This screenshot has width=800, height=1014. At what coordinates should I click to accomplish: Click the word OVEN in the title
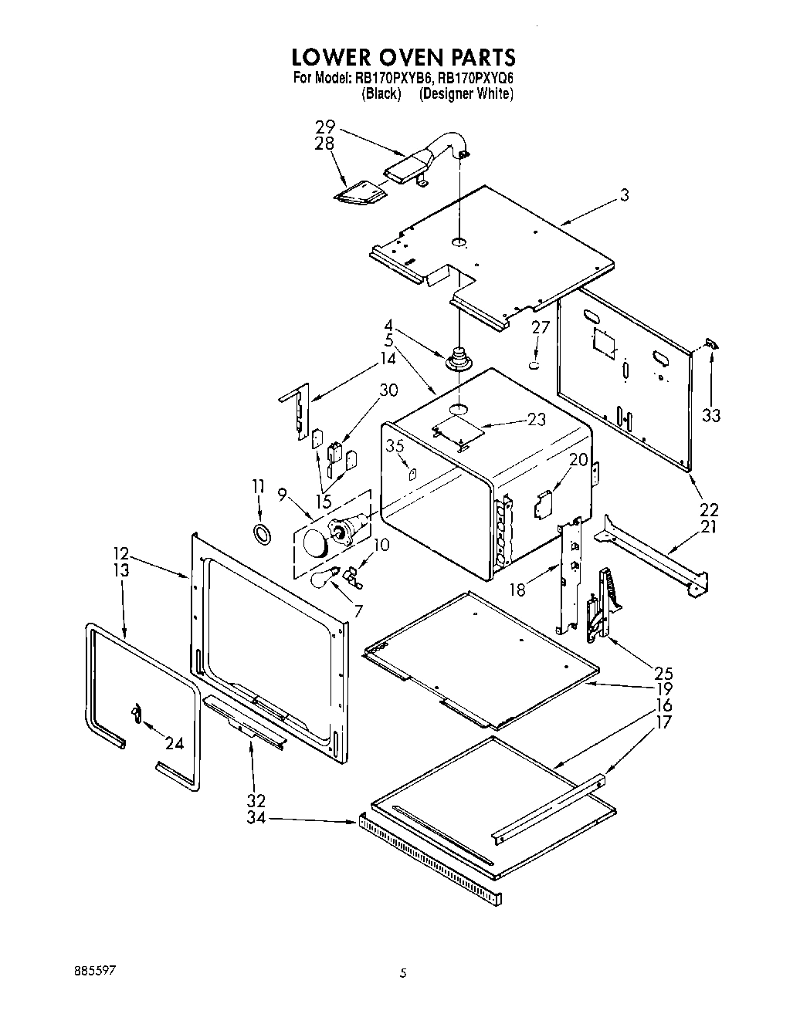(401, 58)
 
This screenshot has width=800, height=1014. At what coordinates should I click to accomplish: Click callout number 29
(325, 127)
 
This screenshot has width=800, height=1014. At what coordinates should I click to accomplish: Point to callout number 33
(710, 416)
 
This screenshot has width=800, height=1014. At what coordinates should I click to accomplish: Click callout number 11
(258, 486)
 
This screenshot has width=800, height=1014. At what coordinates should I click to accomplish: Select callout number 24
(175, 743)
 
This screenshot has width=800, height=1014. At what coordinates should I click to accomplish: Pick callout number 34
(256, 817)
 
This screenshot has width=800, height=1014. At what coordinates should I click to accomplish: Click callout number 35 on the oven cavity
(395, 445)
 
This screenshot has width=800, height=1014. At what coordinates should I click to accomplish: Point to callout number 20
(578, 460)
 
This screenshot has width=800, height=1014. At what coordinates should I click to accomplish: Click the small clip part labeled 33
(712, 346)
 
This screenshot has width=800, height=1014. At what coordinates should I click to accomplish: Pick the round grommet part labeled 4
(459, 360)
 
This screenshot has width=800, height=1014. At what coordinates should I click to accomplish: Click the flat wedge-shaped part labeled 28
(361, 194)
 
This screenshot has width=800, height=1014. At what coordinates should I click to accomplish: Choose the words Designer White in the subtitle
(466, 94)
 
